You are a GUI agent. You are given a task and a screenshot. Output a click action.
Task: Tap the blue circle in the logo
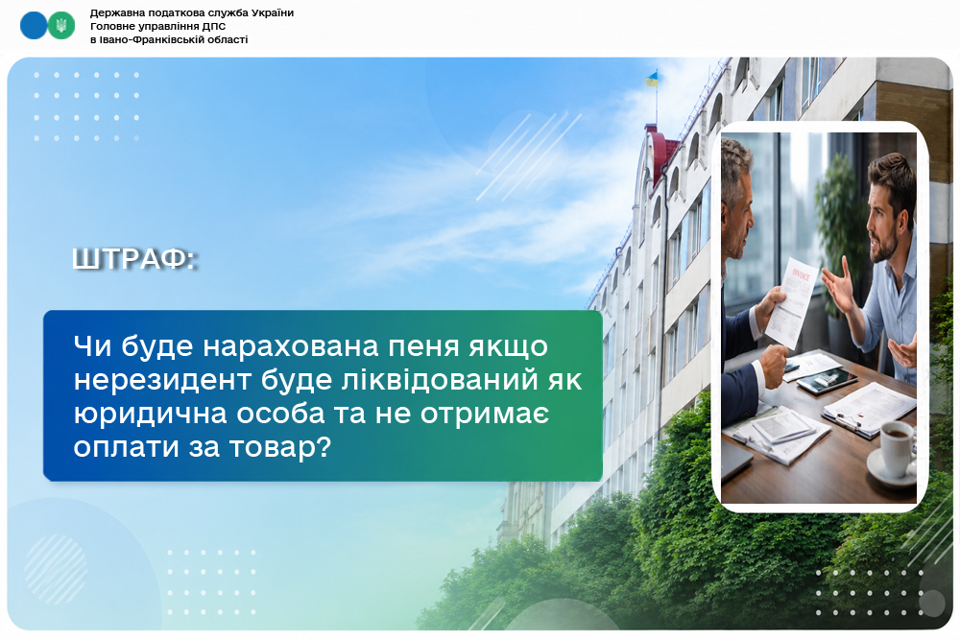click(x=34, y=25)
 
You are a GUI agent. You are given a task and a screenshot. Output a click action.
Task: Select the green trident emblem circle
click(x=61, y=25)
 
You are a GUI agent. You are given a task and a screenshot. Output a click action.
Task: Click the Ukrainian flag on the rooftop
click(x=651, y=79)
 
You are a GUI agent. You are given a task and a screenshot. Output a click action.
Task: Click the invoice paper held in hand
click(x=793, y=302)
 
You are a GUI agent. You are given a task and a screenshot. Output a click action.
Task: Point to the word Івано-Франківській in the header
click(x=174, y=39)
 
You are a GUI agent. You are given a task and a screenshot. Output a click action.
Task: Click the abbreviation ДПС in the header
click(x=214, y=26)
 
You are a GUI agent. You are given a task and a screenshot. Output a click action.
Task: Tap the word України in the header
click(x=273, y=12)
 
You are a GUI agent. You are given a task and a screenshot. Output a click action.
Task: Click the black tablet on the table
click(x=827, y=381)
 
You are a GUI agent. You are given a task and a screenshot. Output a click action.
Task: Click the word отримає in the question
click(x=484, y=415)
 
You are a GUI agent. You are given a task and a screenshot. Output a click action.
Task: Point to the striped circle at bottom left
click(x=56, y=569)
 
